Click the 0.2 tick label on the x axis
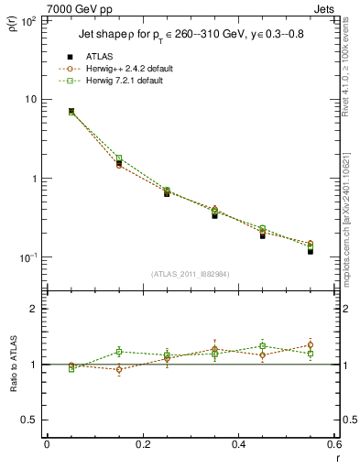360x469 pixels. pos(142,443)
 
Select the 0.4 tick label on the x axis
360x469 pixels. pos(238,443)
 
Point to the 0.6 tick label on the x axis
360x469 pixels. pos(333,443)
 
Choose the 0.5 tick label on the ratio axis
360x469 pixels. pos(29,420)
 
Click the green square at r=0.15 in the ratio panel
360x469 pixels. pos(119,352)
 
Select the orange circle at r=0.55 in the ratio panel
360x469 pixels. pos(311,345)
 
